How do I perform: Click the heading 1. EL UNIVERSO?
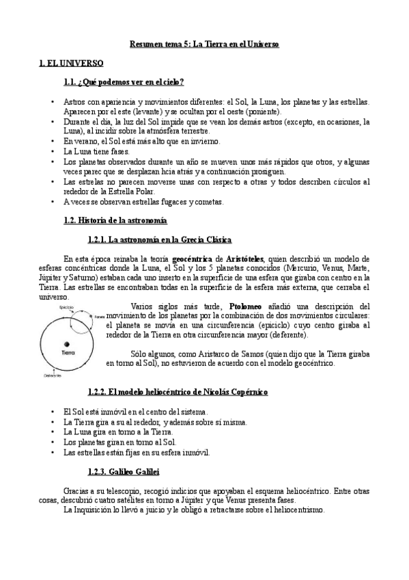click(x=71, y=64)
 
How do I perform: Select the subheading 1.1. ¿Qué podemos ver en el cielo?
click(x=123, y=83)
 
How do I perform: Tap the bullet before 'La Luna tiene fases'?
click(x=53, y=150)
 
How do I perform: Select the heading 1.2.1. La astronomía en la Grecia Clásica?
click(x=160, y=240)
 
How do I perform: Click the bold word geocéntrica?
click(x=195, y=259)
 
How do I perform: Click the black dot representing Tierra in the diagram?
click(x=67, y=343)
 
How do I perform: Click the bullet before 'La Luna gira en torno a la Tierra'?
click(x=53, y=432)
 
